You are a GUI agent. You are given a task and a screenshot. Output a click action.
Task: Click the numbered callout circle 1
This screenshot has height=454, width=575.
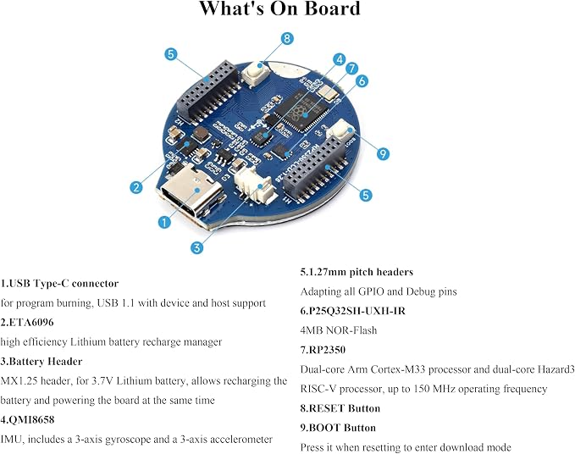[164, 222]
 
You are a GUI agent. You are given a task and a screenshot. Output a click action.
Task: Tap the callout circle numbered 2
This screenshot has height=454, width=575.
[136, 187]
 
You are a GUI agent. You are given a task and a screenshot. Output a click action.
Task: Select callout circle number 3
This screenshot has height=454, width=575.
[197, 247]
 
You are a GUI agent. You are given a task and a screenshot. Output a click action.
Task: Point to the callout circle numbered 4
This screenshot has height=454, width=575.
[340, 59]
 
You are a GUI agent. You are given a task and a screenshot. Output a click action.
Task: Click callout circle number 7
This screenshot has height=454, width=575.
[351, 69]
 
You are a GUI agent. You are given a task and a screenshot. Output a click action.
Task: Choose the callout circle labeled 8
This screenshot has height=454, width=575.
[287, 38]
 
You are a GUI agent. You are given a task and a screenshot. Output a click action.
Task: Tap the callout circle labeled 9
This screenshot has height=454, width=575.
[384, 153]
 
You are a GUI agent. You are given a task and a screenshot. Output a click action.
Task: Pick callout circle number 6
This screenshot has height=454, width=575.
[362, 80]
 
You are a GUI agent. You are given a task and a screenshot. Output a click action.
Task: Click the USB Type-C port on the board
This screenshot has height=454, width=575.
[191, 192]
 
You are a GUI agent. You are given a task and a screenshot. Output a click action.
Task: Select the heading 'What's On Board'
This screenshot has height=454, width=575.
[280, 8]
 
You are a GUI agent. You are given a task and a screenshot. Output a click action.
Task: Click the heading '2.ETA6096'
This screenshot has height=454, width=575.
[27, 323]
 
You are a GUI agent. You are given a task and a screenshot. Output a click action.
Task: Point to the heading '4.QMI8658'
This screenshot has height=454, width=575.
[27, 419]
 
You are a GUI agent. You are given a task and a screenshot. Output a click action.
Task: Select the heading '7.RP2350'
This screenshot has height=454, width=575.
[323, 350]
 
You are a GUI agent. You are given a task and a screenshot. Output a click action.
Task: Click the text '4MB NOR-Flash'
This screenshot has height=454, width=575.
[339, 330]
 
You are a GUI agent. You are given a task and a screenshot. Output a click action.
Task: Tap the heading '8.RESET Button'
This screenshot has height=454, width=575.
[340, 408]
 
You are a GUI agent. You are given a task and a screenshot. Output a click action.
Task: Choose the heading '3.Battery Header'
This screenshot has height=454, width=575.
[41, 362]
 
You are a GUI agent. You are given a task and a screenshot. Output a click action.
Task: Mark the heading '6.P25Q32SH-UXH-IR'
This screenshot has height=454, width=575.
[353, 311]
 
